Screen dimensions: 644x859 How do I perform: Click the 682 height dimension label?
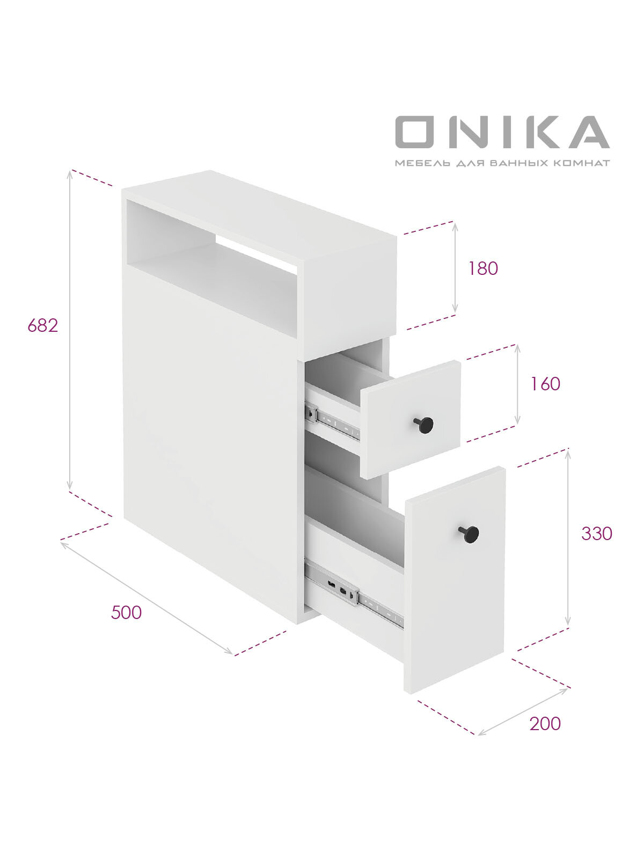(x=43, y=325)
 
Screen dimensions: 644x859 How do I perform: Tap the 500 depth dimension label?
(x=126, y=613)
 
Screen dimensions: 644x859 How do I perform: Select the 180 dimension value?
(x=483, y=268)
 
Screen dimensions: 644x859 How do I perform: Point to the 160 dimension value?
(x=545, y=384)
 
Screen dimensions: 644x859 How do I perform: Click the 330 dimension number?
(x=596, y=534)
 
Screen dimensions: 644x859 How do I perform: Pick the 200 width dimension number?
(x=545, y=724)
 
